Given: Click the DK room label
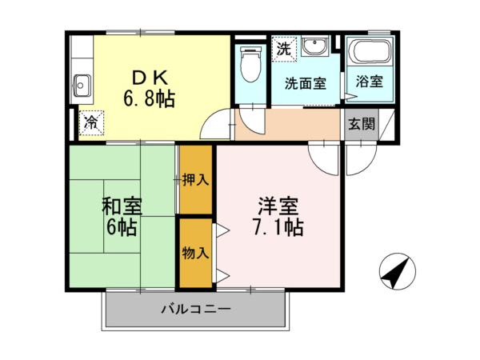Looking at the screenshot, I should [x=148, y=78].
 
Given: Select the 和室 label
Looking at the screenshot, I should [x=122, y=206].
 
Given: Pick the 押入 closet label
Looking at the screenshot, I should [x=195, y=180].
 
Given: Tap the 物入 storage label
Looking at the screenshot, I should [x=195, y=254].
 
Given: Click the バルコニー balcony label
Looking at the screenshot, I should [x=195, y=308].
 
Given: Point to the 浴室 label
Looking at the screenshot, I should [x=370, y=82].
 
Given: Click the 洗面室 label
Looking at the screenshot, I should [x=306, y=83].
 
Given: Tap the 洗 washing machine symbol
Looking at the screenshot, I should [x=282, y=48].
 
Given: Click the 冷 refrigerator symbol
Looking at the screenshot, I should [x=91, y=122].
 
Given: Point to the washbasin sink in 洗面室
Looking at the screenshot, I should [x=316, y=47].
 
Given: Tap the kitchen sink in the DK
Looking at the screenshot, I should [x=81, y=82].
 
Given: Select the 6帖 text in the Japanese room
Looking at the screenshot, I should [x=122, y=227].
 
